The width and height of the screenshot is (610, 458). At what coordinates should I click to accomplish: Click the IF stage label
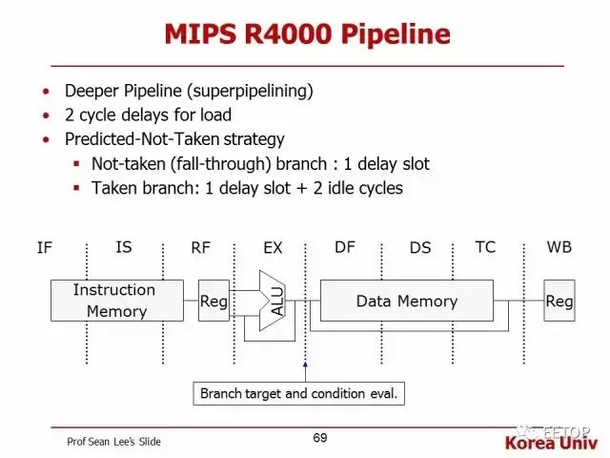pyautogui.click(x=45, y=248)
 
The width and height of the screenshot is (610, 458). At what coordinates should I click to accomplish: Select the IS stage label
pyautogui.click(x=124, y=247)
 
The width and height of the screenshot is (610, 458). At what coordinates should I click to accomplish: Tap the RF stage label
pyautogui.click(x=200, y=248)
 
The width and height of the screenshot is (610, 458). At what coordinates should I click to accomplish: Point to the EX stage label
pyautogui.click(x=273, y=248)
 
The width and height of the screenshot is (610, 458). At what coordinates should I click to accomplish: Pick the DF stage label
pyautogui.click(x=345, y=247)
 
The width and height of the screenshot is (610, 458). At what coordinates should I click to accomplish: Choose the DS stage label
pyautogui.click(x=420, y=248)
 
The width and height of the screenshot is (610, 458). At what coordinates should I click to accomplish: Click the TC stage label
pyautogui.click(x=485, y=247)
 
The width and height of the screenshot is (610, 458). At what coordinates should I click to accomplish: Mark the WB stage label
pyautogui.click(x=559, y=247)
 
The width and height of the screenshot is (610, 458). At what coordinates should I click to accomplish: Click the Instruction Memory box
pyautogui.click(x=117, y=301)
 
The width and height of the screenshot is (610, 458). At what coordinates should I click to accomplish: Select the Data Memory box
pyautogui.click(x=407, y=301)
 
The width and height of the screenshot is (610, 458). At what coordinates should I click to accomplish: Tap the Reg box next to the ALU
pyautogui.click(x=213, y=301)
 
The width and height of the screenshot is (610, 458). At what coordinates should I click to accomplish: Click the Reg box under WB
pyautogui.click(x=559, y=301)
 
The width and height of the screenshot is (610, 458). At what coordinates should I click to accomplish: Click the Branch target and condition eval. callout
pyautogui.click(x=298, y=394)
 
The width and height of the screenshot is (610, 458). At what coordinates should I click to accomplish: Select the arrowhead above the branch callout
pyautogui.click(x=305, y=364)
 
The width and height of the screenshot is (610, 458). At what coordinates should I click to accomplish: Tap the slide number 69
pyautogui.click(x=320, y=438)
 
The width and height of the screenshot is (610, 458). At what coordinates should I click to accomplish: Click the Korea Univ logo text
pyautogui.click(x=551, y=443)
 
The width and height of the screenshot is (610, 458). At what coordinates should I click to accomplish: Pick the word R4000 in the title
pyautogui.click(x=288, y=34)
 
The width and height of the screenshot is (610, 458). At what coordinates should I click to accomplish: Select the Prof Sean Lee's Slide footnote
pyautogui.click(x=113, y=442)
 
